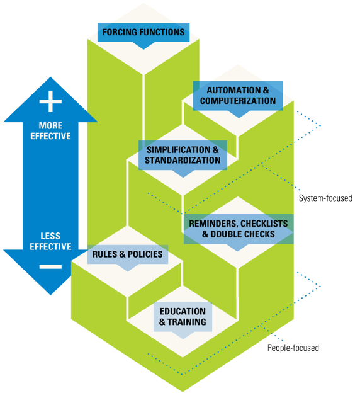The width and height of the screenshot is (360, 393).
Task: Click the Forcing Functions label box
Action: point(143,32)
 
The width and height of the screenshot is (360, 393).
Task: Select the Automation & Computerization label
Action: point(237,95)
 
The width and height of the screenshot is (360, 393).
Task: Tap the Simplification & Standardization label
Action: point(183,155)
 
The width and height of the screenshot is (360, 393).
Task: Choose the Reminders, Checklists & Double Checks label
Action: point(238,229)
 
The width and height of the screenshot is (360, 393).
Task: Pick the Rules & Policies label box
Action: point(128,254)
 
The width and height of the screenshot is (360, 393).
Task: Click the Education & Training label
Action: point(183,316)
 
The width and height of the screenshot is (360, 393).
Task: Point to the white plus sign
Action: point(50,101)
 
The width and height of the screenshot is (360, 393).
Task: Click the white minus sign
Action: point(50,266)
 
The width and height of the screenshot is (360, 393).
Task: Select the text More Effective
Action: point(50,130)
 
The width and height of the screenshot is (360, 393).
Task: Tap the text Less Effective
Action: point(50,241)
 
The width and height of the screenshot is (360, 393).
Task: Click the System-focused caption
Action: point(325,198)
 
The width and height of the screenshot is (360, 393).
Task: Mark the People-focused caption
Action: point(293,348)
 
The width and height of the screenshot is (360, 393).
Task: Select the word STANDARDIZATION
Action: point(183,161)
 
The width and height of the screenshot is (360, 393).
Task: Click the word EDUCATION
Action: point(183,311)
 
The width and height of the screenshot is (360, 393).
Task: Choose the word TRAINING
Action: point(187,322)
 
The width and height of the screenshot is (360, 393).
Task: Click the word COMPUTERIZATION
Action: point(237,101)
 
